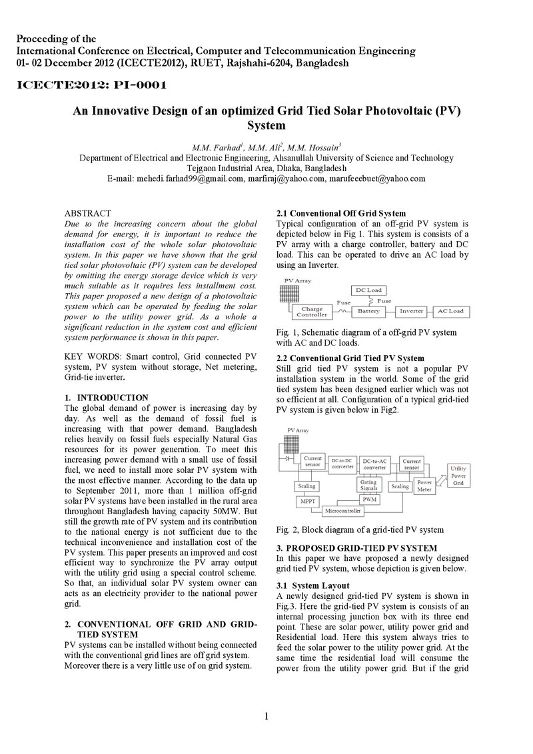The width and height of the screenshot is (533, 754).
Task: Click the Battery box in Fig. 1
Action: pos(368,311)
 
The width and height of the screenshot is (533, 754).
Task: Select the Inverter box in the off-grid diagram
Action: pos(411,311)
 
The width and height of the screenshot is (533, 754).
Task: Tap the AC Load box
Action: pos(451,311)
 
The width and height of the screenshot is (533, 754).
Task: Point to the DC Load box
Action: pos(368,290)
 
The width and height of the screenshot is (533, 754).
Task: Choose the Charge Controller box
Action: pos(312,312)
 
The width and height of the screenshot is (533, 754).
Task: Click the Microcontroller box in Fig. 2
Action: pos(342,511)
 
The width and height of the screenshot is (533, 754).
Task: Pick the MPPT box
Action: pos(307,501)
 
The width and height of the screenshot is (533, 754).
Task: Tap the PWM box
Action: pos(369,499)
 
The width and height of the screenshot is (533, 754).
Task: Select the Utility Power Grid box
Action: pos(458,476)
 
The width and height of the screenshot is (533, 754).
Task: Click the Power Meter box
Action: pos(424,486)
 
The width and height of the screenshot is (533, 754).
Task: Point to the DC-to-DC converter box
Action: pos(342,464)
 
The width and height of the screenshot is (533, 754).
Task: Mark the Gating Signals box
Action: pos(369,485)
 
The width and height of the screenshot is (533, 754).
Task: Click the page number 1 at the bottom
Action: pos(266,717)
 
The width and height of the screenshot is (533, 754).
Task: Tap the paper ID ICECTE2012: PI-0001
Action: pos(92,86)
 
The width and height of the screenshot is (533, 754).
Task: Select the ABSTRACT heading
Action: pos(87,213)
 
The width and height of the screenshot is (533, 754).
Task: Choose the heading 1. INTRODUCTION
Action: pos(107,398)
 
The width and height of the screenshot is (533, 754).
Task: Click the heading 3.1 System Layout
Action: pos(312,585)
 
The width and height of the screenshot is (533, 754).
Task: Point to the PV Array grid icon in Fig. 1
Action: pos(289,294)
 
